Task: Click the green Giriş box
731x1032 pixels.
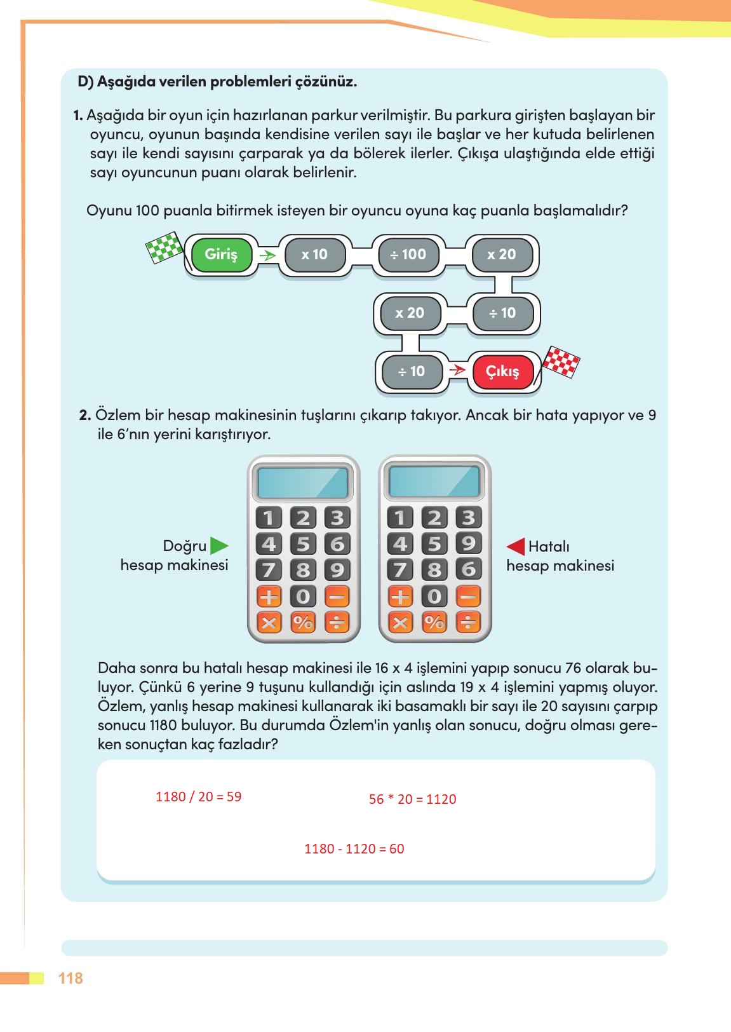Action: click(x=221, y=255)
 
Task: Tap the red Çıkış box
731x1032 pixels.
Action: click(x=502, y=372)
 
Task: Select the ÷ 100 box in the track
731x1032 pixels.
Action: click(x=408, y=255)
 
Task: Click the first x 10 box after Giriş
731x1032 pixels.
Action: click(x=314, y=255)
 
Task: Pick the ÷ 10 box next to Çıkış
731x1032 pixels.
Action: click(x=411, y=372)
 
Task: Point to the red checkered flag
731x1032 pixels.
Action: click(x=561, y=363)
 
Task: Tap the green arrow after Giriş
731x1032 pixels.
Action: click(x=268, y=255)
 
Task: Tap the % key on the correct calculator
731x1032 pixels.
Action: click(x=303, y=622)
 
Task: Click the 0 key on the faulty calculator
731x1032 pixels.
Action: click(x=434, y=596)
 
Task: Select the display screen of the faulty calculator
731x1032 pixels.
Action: click(x=434, y=482)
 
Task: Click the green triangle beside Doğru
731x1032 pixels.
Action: click(x=218, y=546)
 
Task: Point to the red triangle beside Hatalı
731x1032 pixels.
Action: click(x=516, y=547)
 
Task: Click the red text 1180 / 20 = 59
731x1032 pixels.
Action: click(x=198, y=797)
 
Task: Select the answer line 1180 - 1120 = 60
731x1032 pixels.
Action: click(x=354, y=849)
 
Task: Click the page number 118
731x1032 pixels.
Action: click(x=70, y=978)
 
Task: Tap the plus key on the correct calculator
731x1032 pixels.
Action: click(x=269, y=596)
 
